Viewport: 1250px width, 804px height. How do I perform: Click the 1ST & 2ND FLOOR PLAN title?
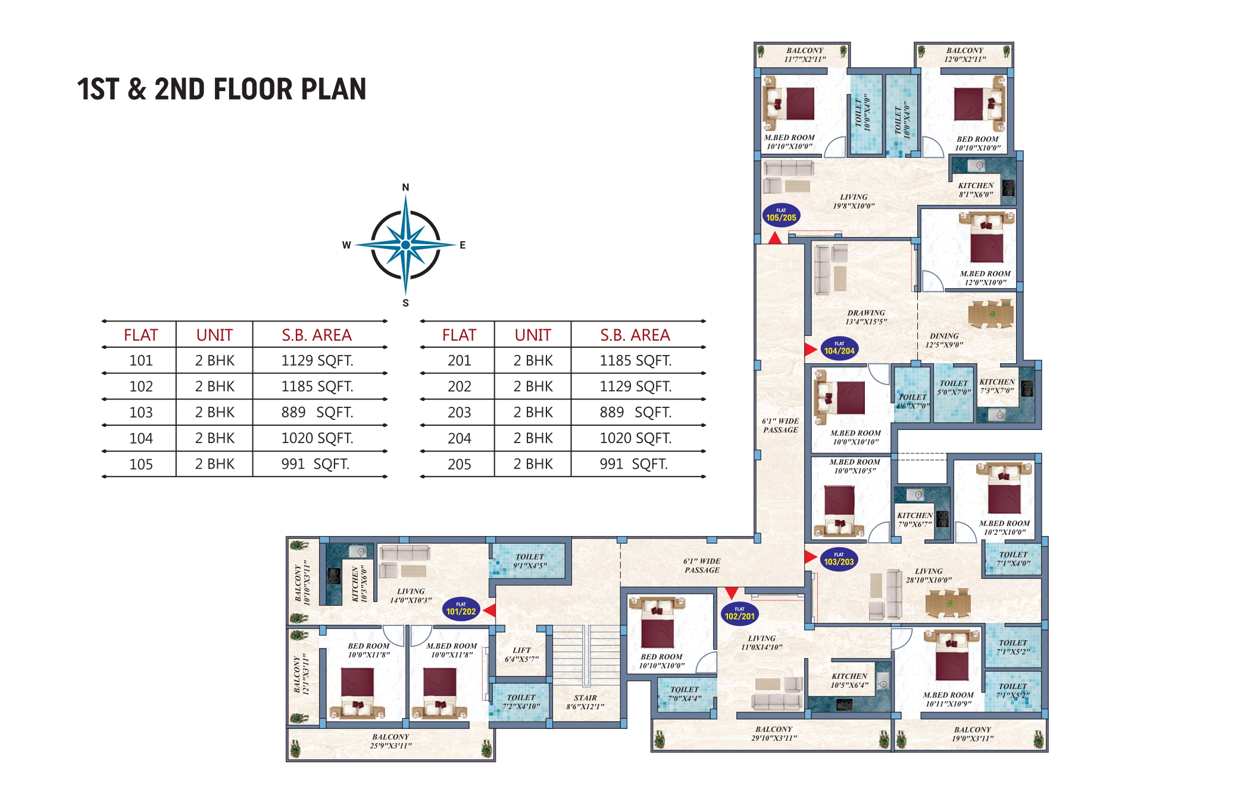[x=221, y=89]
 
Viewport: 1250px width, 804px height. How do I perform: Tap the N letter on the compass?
[x=405, y=187]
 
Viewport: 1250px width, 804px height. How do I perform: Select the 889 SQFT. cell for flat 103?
[x=317, y=412]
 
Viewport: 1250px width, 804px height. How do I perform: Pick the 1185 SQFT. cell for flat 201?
[x=635, y=360]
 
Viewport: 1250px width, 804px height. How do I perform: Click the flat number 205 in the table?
[x=459, y=464]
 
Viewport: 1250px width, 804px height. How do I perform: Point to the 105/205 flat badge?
[x=781, y=215]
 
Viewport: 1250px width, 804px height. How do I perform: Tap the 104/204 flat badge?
[x=839, y=348]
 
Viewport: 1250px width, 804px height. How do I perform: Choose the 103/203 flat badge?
[x=839, y=559]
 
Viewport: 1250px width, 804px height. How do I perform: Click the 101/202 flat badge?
[x=461, y=609]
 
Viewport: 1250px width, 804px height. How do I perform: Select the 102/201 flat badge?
[x=739, y=613]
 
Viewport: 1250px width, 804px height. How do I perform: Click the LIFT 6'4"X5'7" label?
[x=521, y=655]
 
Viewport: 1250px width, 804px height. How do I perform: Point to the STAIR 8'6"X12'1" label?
[x=585, y=702]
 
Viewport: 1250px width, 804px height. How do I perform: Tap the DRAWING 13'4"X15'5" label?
[x=866, y=317]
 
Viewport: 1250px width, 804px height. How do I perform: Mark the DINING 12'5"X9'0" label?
[x=944, y=340]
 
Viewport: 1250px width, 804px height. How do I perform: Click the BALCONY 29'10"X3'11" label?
[x=774, y=733]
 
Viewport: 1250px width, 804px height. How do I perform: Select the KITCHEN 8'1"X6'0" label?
[x=976, y=189]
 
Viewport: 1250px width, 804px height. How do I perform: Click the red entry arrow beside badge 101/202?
[x=489, y=610]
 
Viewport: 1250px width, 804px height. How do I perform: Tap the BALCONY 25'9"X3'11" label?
[x=390, y=741]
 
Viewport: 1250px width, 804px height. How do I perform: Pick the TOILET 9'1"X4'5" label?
[x=530, y=561]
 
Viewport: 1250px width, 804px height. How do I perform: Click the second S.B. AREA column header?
[x=635, y=335]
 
